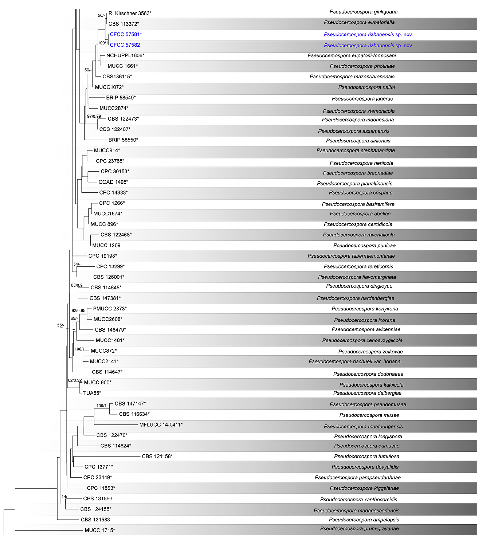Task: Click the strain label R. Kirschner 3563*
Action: tap(130, 13)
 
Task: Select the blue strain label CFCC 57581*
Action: tap(126, 34)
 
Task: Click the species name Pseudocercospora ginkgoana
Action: tap(364, 12)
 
